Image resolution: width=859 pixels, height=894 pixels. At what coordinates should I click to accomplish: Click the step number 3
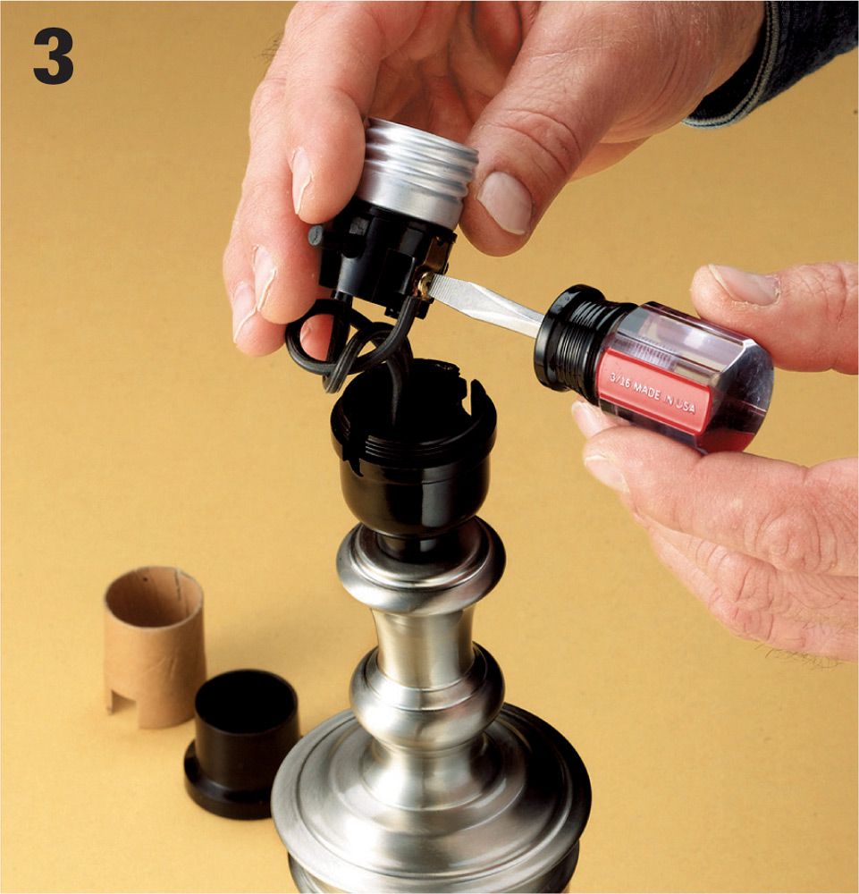click(53, 56)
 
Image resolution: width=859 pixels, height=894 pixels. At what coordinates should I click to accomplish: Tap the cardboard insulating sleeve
click(154, 646)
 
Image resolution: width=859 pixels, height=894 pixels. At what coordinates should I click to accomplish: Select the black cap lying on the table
click(241, 744)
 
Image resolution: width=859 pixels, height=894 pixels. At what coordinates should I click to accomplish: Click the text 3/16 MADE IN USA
click(653, 392)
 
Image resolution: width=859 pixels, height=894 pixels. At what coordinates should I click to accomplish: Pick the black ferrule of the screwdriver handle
click(570, 335)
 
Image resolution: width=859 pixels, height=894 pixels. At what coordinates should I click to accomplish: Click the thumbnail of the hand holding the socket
click(505, 202)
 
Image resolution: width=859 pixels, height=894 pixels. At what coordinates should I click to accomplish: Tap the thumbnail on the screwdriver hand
click(744, 284)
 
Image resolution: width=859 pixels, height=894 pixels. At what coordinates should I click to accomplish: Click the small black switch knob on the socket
click(316, 235)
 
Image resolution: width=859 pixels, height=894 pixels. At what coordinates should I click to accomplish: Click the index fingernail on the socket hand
click(301, 174)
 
